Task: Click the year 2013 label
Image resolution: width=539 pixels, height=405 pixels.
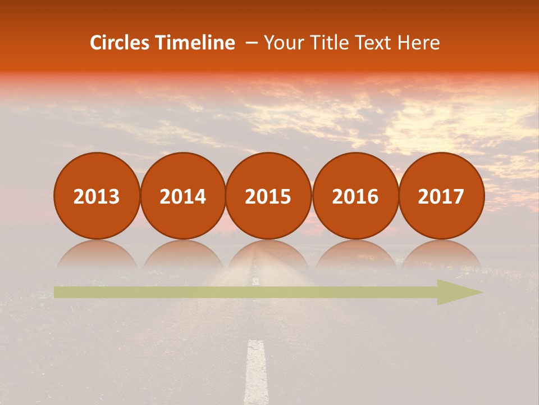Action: (x=97, y=196)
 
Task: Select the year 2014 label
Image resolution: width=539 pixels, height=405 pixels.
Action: (x=182, y=196)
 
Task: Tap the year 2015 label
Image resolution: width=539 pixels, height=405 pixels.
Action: (x=268, y=196)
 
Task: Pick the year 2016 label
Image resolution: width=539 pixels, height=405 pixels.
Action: (x=355, y=196)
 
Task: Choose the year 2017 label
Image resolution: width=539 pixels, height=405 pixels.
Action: (x=441, y=196)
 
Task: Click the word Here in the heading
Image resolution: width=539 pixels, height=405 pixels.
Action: (x=418, y=43)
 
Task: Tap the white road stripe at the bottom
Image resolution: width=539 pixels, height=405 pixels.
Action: (x=257, y=371)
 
